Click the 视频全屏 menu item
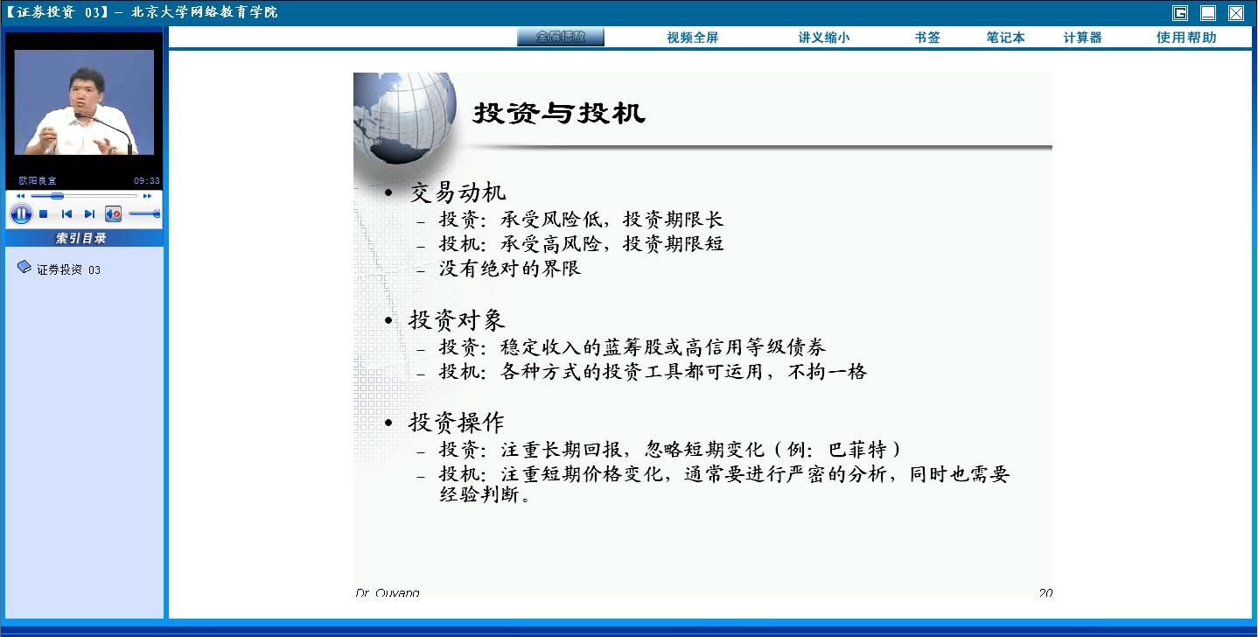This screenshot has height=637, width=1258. (693, 38)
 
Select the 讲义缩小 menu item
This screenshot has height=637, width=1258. (824, 38)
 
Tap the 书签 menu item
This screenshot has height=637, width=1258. (927, 38)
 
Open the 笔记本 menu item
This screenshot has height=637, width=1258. (1005, 38)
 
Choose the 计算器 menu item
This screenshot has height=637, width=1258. (1082, 38)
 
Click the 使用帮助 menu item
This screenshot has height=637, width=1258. (1186, 38)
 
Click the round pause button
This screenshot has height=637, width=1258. (21, 214)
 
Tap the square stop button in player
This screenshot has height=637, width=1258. (43, 214)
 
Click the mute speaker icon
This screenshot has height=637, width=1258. (113, 214)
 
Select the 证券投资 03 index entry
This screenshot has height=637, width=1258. (68, 269)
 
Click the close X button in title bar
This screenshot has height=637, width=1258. (1236, 12)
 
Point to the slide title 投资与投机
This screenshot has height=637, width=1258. (559, 113)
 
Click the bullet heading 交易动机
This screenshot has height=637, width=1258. (458, 192)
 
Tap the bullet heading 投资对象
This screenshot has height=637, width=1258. (457, 320)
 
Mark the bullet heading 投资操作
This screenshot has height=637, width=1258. (457, 423)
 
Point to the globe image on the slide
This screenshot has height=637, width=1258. (404, 118)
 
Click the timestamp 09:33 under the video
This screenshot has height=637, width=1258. (147, 181)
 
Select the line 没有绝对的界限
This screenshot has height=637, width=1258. (510, 269)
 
